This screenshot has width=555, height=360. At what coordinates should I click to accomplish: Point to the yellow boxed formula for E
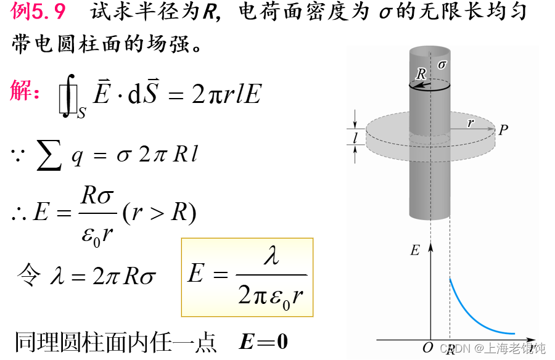tap(247, 277)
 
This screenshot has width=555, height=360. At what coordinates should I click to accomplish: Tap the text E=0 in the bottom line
tap(263, 342)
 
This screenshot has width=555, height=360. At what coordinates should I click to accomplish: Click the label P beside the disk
tap(503, 130)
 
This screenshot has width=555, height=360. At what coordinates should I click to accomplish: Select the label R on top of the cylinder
tap(421, 73)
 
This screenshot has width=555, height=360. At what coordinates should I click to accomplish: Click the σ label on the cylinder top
tap(442, 64)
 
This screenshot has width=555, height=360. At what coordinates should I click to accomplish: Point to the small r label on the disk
tap(471, 123)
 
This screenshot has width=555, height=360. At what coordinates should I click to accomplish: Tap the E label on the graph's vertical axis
tap(414, 250)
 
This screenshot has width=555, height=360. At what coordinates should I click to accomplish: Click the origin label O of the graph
tap(427, 348)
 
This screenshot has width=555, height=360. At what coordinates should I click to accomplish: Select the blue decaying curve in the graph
tap(475, 314)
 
